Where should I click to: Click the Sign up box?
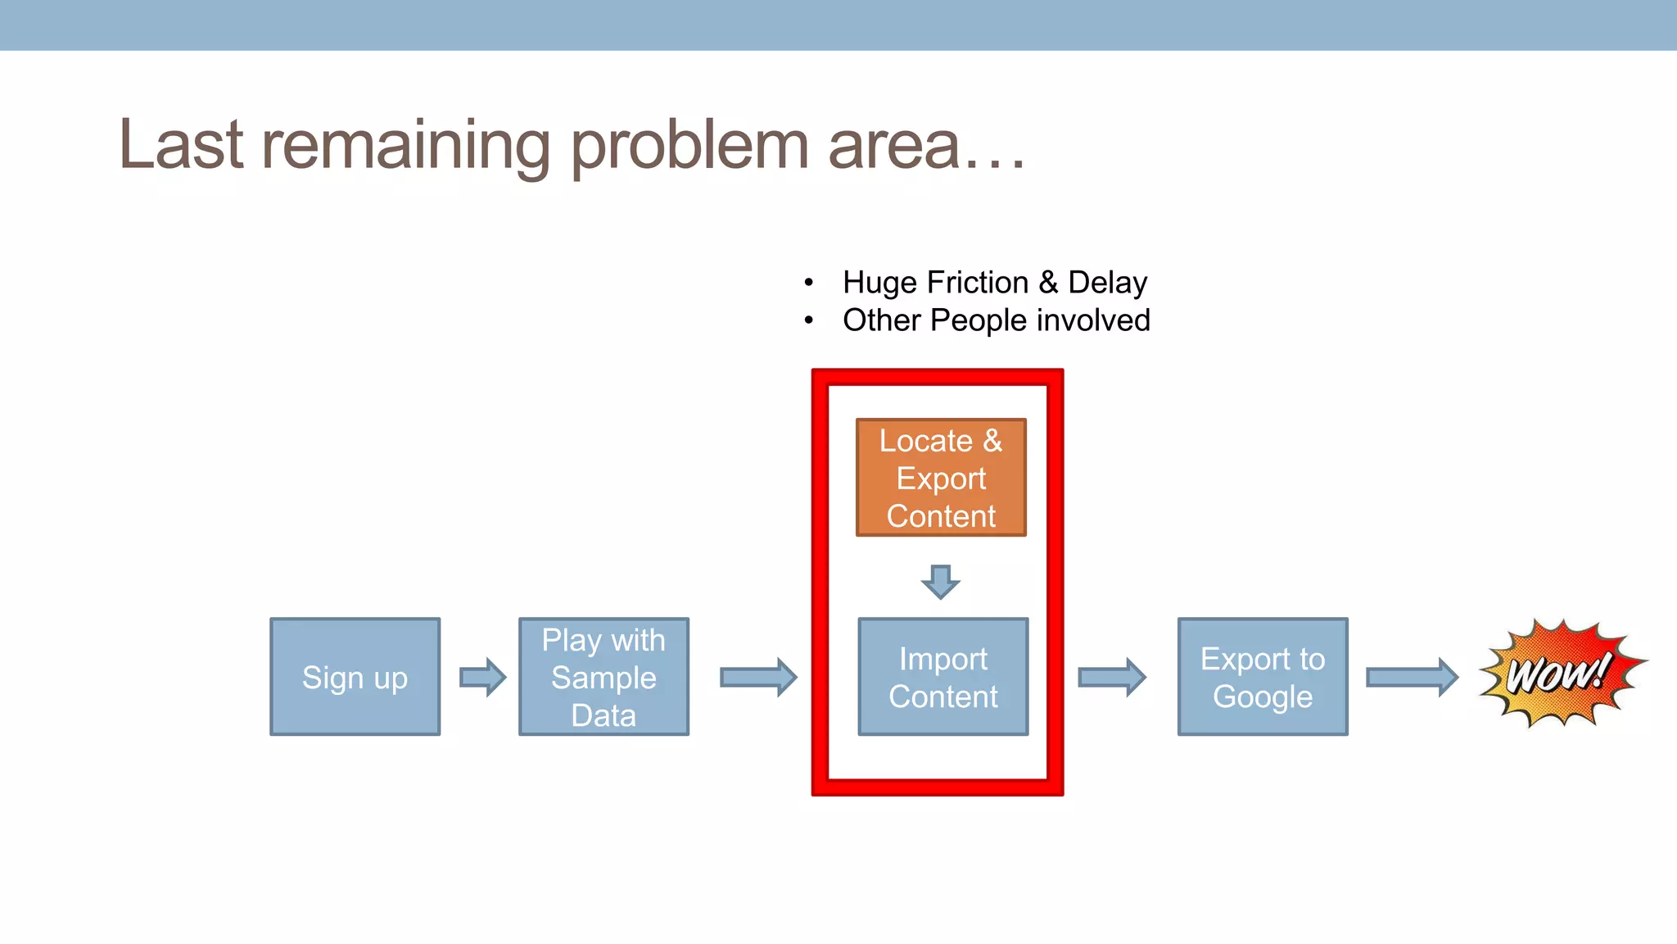(355, 677)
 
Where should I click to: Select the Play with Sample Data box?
(603, 677)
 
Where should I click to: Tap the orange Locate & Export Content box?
(941, 478)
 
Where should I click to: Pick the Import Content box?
(942, 677)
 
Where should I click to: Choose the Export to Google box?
(1262, 677)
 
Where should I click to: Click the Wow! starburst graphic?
(1560, 674)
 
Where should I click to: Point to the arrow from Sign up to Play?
(483, 677)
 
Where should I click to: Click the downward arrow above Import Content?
(940, 581)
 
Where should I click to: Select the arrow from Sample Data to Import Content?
(758, 677)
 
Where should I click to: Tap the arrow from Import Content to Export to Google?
(1112, 677)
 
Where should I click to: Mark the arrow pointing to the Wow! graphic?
(1412, 677)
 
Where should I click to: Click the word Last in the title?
(181, 145)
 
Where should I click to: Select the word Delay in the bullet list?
(1107, 282)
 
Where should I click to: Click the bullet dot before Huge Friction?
(809, 283)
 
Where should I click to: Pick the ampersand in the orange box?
(992, 441)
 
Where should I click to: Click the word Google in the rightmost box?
(1262, 697)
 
